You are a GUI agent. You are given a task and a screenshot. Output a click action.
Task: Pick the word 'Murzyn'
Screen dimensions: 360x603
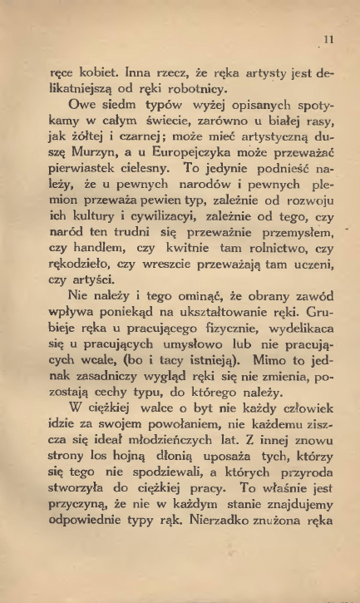pos(86,156)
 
